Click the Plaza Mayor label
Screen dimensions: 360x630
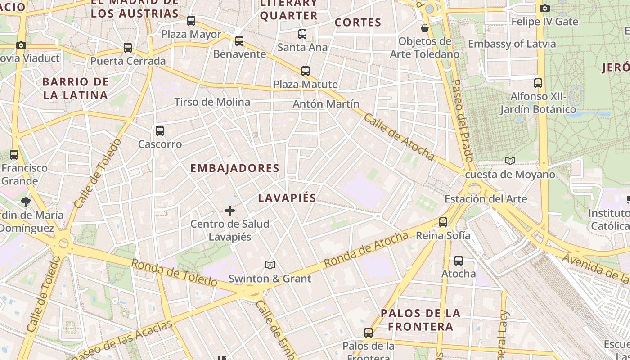191,34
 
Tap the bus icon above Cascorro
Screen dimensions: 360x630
160,131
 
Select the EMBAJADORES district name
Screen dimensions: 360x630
234,168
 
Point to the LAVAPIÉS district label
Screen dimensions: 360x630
287,198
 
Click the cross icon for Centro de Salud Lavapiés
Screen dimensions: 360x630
230,210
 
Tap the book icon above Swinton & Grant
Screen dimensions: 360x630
270,265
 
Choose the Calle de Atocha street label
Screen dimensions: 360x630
399,137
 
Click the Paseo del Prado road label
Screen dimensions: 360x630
462,121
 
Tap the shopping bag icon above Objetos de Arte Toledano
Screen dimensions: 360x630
424,28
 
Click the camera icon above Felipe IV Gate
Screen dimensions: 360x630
544,8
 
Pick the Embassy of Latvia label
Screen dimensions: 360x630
512,44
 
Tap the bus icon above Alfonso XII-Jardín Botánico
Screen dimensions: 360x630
538,83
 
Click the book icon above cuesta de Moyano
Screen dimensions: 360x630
510,161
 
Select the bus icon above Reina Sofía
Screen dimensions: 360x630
443,222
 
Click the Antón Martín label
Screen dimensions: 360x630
326,104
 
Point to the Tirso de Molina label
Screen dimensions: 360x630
212,102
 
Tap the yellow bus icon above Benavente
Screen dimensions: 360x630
239,41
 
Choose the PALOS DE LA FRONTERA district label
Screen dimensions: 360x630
420,319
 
